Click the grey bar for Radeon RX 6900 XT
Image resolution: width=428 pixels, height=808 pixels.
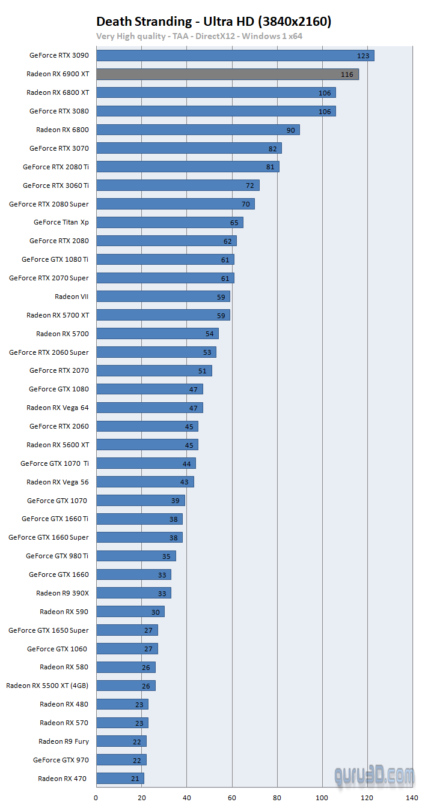[227, 74]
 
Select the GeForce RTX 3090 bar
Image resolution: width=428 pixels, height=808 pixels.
[235, 56]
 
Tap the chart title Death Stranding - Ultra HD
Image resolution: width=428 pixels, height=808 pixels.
[213, 22]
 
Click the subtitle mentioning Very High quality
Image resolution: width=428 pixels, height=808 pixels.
[200, 36]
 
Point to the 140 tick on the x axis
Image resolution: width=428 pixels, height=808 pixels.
[412, 798]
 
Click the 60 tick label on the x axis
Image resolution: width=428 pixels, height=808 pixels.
[231, 798]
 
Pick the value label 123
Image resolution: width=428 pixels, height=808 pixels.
[363, 56]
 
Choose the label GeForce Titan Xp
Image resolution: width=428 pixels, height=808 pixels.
[61, 222]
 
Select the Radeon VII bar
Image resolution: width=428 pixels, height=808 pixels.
[163, 297]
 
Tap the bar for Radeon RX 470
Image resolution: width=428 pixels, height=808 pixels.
[120, 779]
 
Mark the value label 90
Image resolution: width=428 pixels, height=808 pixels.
[290, 130]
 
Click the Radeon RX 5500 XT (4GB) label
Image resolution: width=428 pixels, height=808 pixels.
[47, 686]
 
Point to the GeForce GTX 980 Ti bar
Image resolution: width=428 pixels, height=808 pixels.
[136, 556]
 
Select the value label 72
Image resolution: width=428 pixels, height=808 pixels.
[250, 185]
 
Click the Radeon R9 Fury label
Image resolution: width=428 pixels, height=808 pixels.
[64, 741]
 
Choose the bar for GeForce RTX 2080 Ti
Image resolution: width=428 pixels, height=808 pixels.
[188, 167]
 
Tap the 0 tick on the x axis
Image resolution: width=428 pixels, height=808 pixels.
[96, 798]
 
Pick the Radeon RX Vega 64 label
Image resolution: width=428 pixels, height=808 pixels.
[58, 408]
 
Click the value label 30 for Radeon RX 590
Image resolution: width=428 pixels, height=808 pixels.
[156, 612]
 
